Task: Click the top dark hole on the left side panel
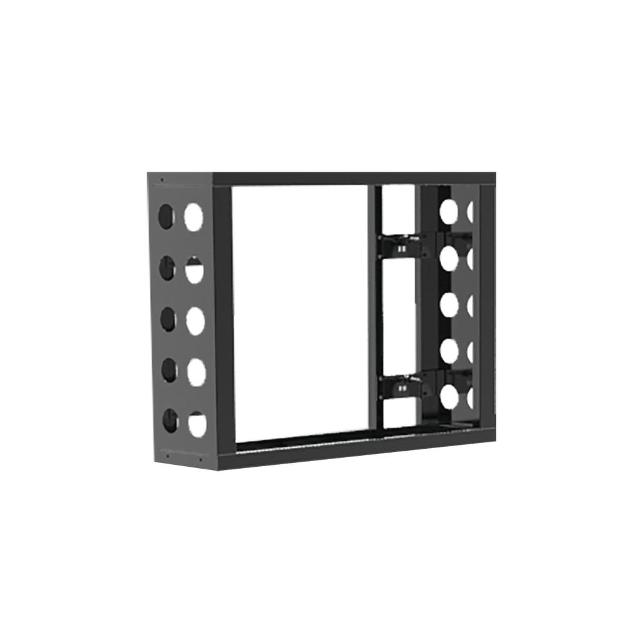click(166, 217)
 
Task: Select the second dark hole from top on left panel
click(167, 267)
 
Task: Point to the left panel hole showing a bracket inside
click(194, 269)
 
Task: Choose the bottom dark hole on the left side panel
click(170, 420)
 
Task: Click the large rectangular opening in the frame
click(300, 312)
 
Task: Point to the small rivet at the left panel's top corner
click(161, 180)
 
